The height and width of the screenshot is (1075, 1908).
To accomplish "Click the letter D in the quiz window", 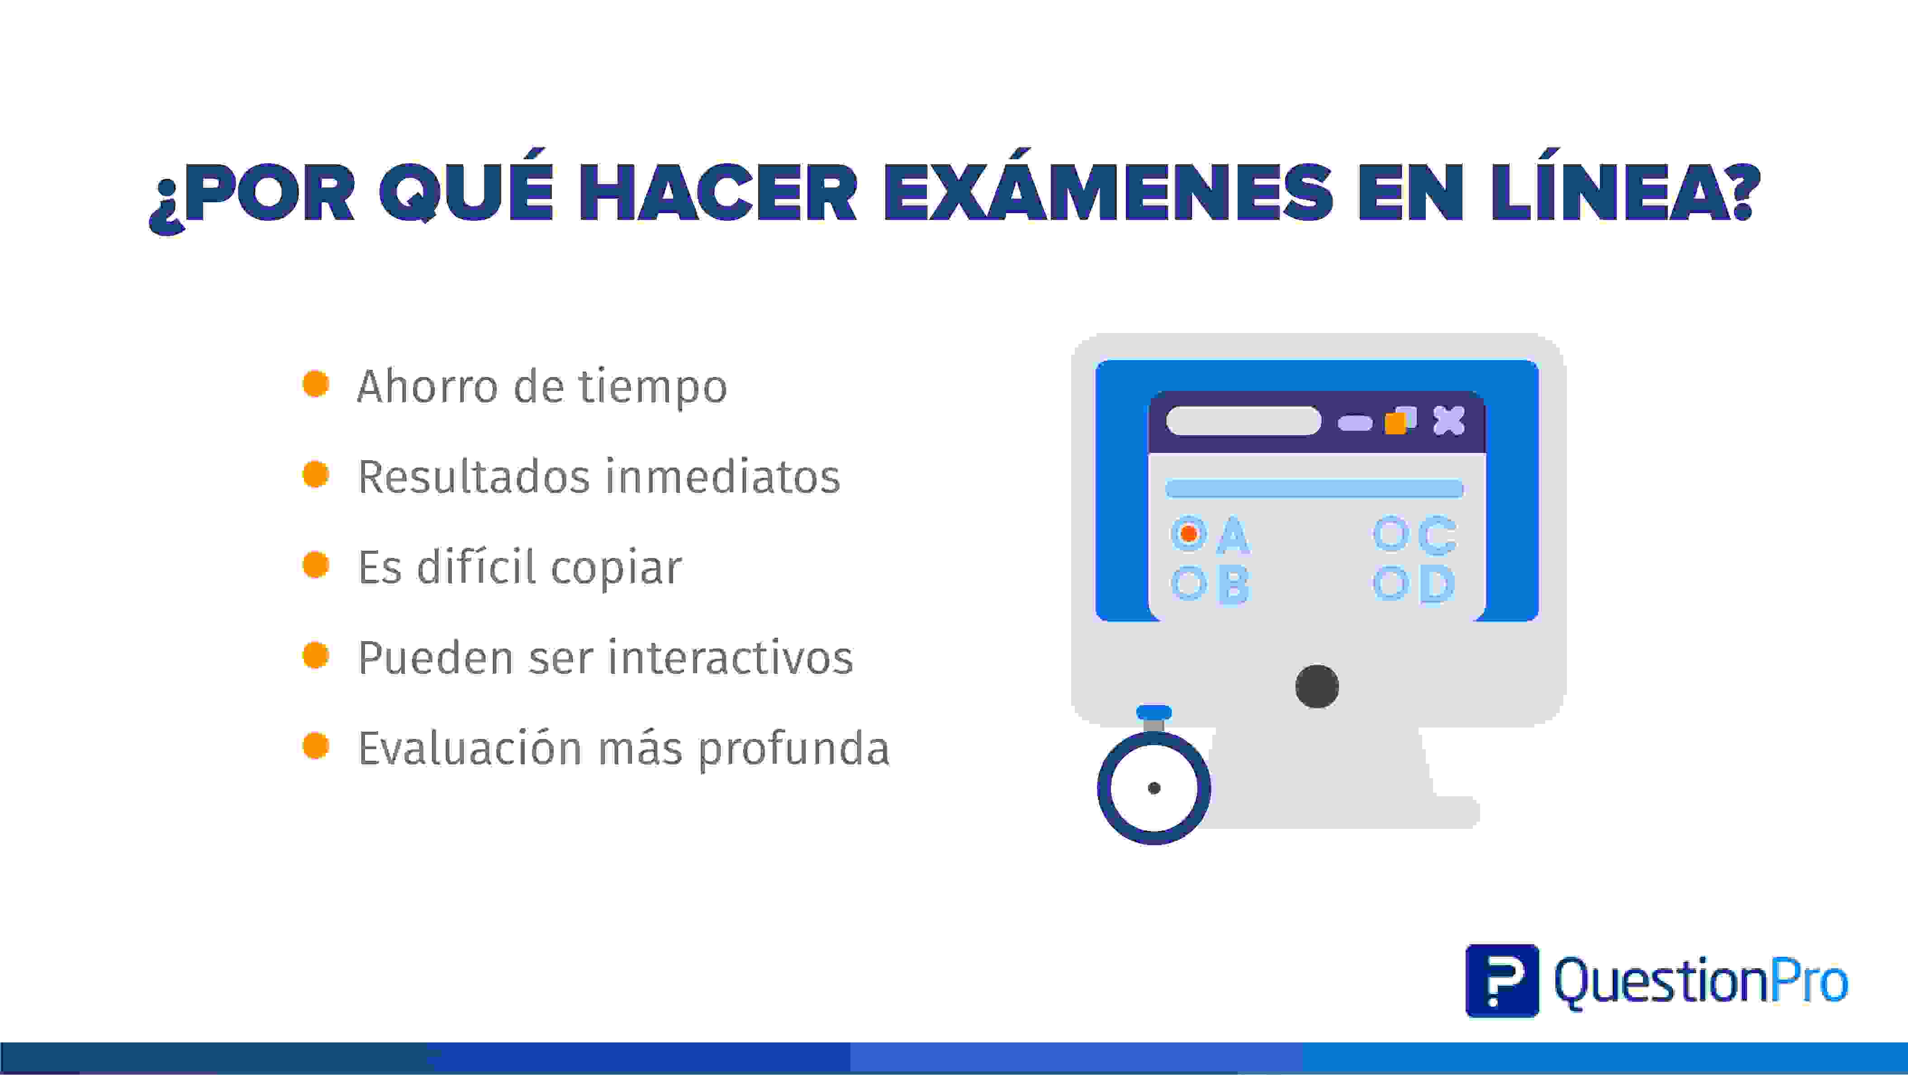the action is coord(1437,584).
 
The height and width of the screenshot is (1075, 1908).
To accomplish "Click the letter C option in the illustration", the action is coord(1437,535).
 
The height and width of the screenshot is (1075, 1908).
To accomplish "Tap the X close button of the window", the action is coord(1449,421).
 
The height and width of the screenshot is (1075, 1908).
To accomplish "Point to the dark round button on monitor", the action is coord(1317,687).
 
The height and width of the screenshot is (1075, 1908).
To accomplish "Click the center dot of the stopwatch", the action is coord(1154,788).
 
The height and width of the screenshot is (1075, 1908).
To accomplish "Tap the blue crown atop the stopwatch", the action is coord(1154,713).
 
